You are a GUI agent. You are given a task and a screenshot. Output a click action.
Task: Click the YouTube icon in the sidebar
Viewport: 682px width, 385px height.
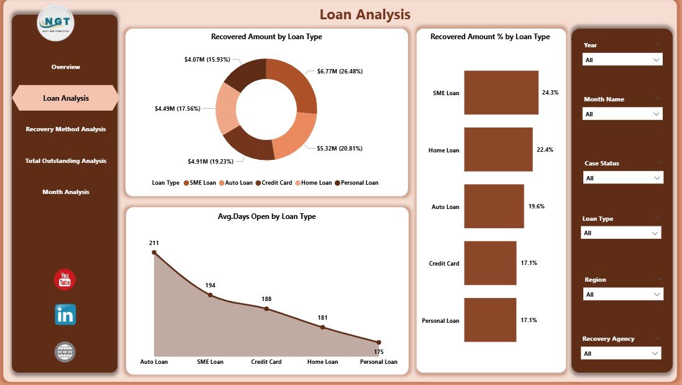[65, 280]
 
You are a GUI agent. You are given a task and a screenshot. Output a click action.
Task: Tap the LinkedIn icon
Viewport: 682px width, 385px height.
[65, 315]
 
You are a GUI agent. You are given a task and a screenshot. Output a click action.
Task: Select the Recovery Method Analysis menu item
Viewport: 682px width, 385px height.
[65, 129]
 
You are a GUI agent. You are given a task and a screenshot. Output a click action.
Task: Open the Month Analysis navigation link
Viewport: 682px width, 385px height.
[65, 192]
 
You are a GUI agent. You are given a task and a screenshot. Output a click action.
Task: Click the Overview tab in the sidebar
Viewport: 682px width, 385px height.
[65, 67]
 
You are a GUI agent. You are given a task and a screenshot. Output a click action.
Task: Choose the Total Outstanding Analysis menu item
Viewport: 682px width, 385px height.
[65, 160]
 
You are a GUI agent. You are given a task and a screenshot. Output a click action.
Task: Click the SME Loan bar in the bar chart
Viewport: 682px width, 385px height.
[501, 93]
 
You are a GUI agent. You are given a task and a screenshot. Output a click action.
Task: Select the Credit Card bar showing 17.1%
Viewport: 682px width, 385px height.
[489, 263]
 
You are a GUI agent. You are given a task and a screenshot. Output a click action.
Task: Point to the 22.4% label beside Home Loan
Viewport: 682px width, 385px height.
[544, 150]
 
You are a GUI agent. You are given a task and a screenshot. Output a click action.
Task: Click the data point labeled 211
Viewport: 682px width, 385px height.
[154, 253]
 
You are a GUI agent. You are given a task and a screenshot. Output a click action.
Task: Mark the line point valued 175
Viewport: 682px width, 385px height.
[379, 342]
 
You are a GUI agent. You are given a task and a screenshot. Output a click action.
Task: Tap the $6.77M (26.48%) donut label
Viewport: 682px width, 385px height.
[340, 72]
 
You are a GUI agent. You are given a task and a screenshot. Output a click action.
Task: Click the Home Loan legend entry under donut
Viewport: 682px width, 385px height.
[316, 183]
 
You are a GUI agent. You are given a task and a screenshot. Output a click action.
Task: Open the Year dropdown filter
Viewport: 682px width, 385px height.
[622, 60]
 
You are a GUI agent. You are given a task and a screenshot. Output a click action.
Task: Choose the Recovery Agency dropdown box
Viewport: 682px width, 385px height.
[621, 353]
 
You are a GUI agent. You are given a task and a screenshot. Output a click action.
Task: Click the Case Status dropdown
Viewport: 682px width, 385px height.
[623, 178]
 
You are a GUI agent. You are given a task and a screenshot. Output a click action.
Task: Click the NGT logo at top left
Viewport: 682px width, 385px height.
[56, 23]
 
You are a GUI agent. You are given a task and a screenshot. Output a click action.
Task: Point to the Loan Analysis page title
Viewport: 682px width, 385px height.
[365, 14]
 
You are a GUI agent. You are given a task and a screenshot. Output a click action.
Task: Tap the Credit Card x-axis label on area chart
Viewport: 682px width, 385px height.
[266, 362]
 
